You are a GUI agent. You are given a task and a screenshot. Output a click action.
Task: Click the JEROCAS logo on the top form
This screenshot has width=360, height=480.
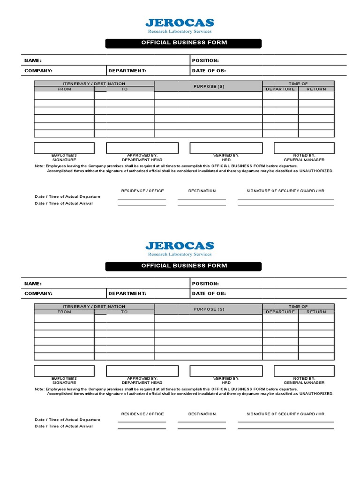(180, 25)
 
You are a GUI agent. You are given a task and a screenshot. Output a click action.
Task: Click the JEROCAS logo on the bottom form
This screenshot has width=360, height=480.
(180, 248)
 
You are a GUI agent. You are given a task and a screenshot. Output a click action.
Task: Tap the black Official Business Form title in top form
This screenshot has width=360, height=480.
(184, 43)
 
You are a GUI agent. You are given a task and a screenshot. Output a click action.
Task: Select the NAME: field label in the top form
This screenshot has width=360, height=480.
(33, 60)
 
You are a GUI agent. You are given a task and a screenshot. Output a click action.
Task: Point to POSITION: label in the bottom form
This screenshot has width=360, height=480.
(205, 284)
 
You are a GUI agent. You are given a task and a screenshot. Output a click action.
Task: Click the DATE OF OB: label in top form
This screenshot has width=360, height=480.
(209, 71)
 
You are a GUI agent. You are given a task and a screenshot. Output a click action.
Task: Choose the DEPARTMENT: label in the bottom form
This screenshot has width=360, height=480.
(127, 293)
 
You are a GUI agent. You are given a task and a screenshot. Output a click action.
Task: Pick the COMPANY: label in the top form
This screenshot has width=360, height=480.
(38, 71)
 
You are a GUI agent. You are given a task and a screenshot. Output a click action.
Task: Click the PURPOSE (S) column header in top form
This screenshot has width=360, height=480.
(208, 86)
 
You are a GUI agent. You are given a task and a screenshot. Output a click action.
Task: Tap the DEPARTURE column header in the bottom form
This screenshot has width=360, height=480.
(280, 312)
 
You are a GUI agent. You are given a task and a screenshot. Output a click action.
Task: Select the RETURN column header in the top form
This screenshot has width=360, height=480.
(316, 89)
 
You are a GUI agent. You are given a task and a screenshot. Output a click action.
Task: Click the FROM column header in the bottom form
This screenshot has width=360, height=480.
(64, 312)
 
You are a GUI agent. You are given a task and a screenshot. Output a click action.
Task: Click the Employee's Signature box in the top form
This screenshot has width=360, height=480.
(64, 148)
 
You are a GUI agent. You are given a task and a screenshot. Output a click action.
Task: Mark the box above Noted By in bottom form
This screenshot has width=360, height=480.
(304, 371)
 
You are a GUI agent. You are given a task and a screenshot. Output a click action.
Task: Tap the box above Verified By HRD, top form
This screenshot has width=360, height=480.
(226, 148)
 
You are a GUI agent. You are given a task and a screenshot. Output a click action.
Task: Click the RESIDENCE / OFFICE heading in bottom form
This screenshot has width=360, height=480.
(142, 414)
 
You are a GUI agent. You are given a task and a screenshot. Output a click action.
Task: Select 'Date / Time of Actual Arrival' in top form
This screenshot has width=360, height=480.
(64, 203)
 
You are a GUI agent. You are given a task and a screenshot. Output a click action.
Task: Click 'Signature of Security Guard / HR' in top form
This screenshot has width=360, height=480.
(285, 191)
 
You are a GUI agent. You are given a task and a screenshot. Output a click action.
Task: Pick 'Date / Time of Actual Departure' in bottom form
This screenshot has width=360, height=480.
(67, 420)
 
